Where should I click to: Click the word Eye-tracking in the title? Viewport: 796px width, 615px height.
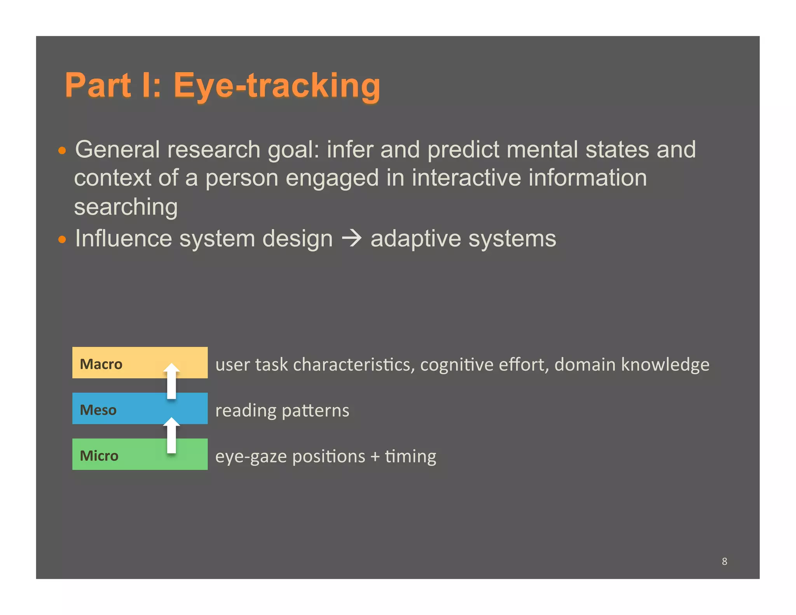277,86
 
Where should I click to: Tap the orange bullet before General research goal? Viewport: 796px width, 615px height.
62,150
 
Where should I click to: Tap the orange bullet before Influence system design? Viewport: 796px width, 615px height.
62,239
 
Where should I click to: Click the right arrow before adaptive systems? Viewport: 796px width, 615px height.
352,238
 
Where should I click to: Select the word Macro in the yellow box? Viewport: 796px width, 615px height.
101,364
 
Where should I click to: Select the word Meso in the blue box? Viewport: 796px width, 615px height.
98,410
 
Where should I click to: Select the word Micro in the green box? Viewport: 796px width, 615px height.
99,456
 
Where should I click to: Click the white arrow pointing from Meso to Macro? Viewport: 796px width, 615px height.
171,381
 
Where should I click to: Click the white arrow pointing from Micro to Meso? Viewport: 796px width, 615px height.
171,435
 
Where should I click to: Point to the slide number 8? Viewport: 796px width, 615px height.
724,561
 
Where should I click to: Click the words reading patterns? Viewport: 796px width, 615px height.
282,411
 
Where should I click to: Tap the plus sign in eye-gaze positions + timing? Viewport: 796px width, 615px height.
375,456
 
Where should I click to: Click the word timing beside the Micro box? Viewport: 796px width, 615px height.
410,456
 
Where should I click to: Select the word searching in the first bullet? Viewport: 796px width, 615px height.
126,207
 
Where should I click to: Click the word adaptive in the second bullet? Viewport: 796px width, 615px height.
415,238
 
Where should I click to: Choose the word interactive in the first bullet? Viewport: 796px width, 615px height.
466,178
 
